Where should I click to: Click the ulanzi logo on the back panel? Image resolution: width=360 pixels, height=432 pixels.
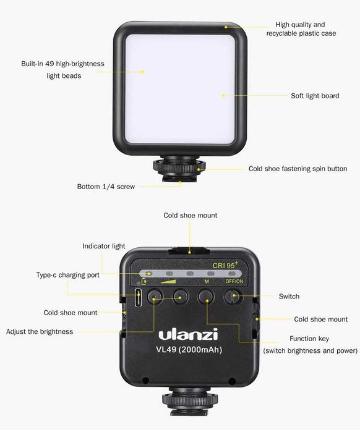click(188, 334)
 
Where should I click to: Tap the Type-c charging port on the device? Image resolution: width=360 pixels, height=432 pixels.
click(138, 298)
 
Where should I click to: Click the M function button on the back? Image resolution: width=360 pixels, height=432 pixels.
click(207, 297)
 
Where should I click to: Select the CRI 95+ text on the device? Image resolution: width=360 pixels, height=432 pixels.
click(225, 265)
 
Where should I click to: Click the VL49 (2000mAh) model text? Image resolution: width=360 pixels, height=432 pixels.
click(189, 350)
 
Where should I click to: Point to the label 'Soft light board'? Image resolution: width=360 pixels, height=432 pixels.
click(315, 96)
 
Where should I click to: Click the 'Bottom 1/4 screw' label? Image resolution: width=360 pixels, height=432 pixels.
click(106, 187)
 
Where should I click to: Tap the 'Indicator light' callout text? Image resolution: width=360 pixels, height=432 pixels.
click(104, 246)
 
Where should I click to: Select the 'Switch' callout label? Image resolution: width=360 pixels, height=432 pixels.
click(289, 296)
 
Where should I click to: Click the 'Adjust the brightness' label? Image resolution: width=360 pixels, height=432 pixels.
click(40, 331)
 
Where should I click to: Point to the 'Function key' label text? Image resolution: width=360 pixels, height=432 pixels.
click(309, 339)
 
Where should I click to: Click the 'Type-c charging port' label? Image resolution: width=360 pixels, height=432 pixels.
click(68, 275)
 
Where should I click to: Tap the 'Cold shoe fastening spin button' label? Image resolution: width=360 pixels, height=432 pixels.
click(298, 169)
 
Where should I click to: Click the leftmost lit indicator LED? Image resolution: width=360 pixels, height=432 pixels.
click(149, 274)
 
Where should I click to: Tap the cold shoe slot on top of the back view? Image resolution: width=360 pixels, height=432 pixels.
click(189, 251)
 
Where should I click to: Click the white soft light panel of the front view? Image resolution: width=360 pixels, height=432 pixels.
click(180, 89)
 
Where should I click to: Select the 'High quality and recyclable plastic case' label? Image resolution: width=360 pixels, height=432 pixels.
click(301, 29)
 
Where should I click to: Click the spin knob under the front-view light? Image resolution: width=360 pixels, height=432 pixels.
click(179, 166)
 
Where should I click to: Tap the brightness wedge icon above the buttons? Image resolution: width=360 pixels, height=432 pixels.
click(168, 281)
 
